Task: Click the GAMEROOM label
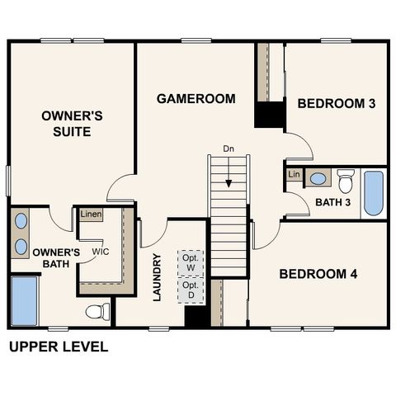coord(196,98)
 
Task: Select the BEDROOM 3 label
coord(336,103)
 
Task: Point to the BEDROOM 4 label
coord(317,274)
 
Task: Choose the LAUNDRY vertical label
coord(158,276)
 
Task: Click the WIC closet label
coord(101,252)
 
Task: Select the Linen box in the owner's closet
coord(91,214)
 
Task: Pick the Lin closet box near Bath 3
coord(294,175)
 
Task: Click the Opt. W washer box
coord(191,261)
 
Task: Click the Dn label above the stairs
coord(229,148)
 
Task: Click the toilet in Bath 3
coord(345,179)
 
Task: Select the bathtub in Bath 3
coord(374,193)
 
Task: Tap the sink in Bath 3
coord(318,178)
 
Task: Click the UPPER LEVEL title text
coord(58,347)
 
